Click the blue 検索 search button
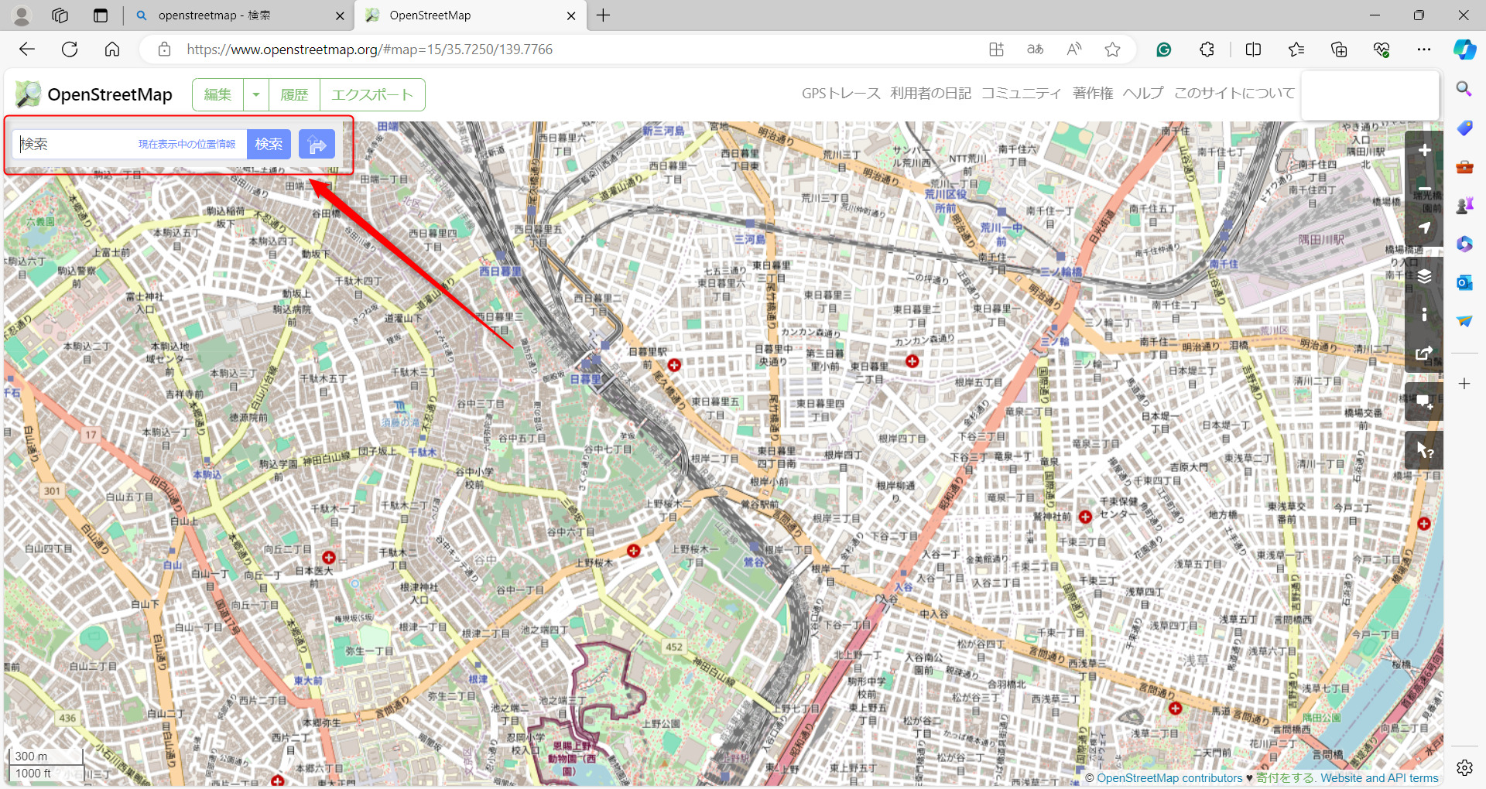269,144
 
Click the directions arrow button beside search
317,144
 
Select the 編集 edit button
217,94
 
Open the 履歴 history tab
294,94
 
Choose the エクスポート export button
372,94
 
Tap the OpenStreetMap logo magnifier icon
29,94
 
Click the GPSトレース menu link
841,94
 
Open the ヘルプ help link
1142,94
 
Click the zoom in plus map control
1424,150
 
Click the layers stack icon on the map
1424,277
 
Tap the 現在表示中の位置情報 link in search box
187,145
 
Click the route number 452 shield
674,647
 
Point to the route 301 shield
52,490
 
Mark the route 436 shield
67,718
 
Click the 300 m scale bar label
31,757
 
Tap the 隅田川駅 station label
1321,240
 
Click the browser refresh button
70,50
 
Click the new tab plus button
604,15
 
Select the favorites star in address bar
1112,50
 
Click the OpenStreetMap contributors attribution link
1169,778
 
